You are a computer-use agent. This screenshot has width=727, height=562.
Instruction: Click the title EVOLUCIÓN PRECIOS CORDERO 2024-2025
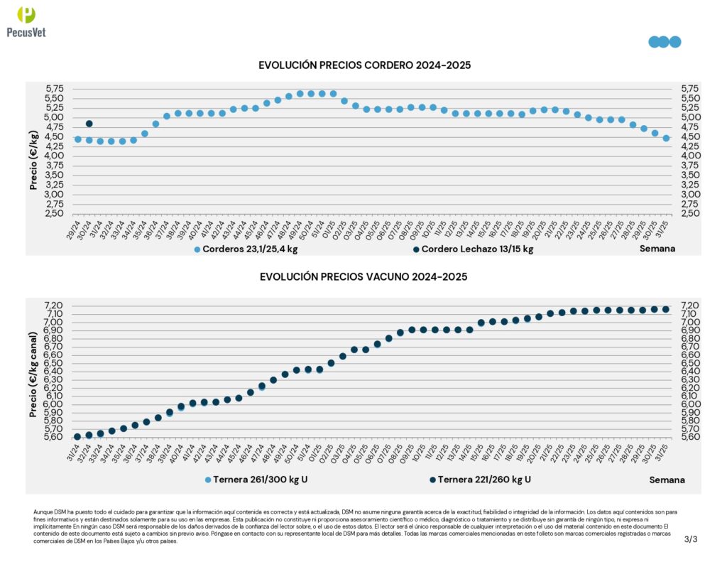[x=364, y=65]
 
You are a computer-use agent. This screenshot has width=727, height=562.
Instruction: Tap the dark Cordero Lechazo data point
[x=89, y=124]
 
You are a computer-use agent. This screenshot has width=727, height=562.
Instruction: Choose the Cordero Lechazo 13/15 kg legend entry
[x=472, y=249]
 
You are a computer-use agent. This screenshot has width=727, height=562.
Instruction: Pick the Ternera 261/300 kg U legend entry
[x=256, y=480]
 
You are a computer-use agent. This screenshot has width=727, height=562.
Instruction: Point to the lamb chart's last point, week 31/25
[x=666, y=139]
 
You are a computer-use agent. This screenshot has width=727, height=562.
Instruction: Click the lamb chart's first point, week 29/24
[x=78, y=139]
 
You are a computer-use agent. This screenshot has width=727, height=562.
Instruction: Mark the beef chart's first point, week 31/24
[x=77, y=436]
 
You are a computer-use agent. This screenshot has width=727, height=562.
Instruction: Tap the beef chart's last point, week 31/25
[x=665, y=309]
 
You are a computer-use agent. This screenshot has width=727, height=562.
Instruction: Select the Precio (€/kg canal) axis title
[x=33, y=373]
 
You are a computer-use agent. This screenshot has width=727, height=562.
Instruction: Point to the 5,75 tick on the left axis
[x=55, y=89]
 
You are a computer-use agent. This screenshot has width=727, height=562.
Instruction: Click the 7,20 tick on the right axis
[x=690, y=306]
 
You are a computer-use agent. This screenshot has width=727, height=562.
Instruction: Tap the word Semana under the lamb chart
[x=657, y=249]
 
